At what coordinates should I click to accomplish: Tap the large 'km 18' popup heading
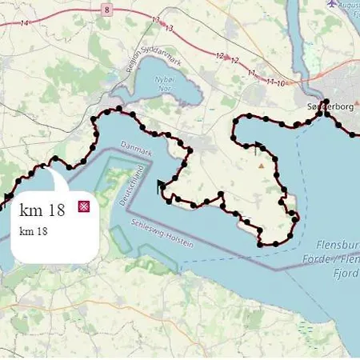pos(41,210)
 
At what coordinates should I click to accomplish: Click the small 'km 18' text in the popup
pos(34,231)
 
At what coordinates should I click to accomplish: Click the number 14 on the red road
pos(25,24)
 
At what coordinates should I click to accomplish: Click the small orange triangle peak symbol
pos(260,166)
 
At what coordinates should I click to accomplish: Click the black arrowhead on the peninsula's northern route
pos(258,148)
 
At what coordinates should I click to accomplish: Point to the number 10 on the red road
pos(281,83)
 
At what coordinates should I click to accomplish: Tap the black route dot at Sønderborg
pos(325,113)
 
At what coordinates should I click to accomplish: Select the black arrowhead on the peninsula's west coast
pos(162,187)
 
